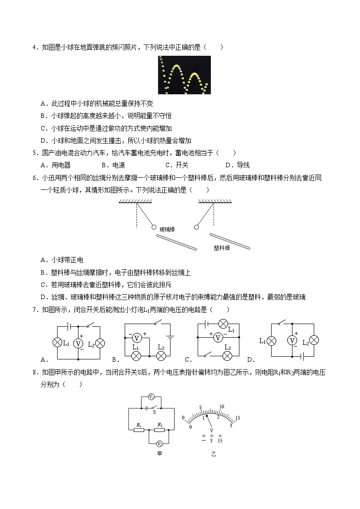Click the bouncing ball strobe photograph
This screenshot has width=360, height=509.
click(x=184, y=75)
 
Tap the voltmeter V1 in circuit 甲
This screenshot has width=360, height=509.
click(x=151, y=398)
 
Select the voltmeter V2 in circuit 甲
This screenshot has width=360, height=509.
click(x=159, y=443)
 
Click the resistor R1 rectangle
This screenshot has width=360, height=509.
click(x=139, y=430)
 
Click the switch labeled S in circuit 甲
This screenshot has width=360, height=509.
click(x=154, y=408)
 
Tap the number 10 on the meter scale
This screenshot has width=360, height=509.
click(x=222, y=407)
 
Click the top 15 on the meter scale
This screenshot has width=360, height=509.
click(x=237, y=417)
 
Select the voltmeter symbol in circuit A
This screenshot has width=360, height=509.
click(x=78, y=344)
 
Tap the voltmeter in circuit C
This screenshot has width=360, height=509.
click(x=218, y=337)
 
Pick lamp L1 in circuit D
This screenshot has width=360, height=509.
click(x=271, y=340)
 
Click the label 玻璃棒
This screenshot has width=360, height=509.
click(x=167, y=230)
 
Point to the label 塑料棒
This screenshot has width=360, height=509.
click(x=222, y=248)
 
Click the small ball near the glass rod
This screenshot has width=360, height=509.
click(x=154, y=227)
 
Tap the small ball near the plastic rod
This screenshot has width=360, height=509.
click(x=196, y=227)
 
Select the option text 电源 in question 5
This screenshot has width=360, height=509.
click(x=119, y=165)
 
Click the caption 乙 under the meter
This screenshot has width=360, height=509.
click(x=214, y=454)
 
